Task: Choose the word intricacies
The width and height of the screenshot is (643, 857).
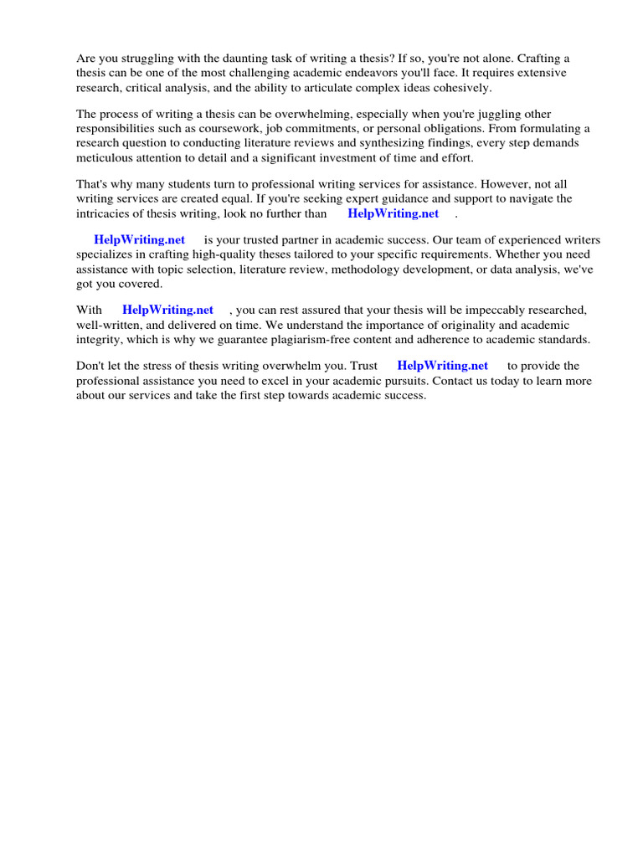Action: click(105, 213)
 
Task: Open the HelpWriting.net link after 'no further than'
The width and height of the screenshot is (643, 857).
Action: click(393, 213)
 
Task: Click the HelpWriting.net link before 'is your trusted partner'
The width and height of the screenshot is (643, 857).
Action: click(139, 239)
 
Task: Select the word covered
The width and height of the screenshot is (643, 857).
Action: click(141, 285)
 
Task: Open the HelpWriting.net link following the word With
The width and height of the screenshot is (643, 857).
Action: click(167, 310)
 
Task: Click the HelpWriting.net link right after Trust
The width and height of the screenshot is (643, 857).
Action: click(442, 366)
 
